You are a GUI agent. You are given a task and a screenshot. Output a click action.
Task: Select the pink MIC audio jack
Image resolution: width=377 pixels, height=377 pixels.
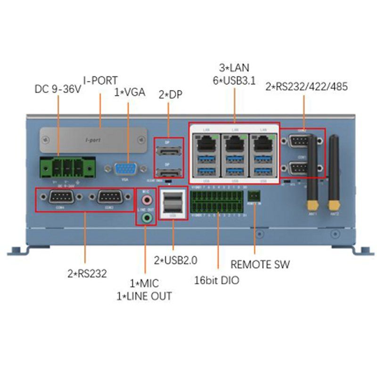pyautogui.click(x=147, y=198)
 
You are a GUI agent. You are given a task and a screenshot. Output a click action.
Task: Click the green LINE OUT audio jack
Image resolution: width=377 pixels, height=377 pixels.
pyautogui.click(x=147, y=218)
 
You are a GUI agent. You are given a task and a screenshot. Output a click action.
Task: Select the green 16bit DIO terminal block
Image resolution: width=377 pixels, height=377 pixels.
pyautogui.click(x=219, y=203)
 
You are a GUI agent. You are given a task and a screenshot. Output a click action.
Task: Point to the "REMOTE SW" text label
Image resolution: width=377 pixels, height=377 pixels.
pyautogui.click(x=260, y=264)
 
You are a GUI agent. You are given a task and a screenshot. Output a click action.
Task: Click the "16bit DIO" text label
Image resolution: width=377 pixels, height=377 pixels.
pyautogui.click(x=216, y=280)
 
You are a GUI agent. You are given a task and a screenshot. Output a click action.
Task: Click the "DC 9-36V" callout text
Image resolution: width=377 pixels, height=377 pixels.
pyautogui.click(x=58, y=89)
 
